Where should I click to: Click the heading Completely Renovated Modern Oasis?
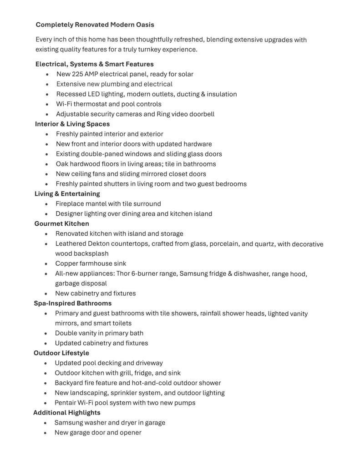[95, 25]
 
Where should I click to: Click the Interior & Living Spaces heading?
[72, 124]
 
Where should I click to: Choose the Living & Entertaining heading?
[67, 194]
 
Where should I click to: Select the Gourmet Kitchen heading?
[62, 224]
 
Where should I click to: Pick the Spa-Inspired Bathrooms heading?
[73, 303]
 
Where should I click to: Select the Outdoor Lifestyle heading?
[61, 353]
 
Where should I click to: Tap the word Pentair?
[65, 403]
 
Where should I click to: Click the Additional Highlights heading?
[67, 413]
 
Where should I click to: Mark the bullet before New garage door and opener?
[46, 433]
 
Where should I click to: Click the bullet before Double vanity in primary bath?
[46, 333]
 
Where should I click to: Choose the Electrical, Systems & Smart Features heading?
[95, 64]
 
